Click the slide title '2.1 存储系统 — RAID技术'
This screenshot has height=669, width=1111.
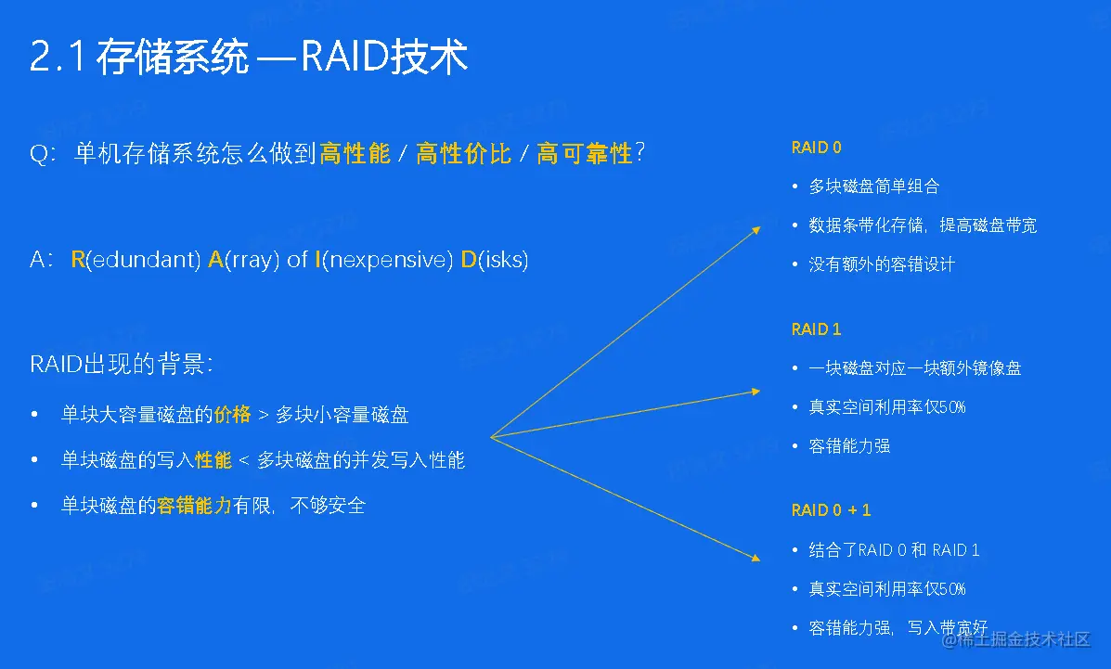point(249,57)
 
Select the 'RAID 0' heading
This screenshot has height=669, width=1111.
point(816,148)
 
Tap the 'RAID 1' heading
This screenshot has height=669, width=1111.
point(816,329)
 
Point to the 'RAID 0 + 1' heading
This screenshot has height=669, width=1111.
point(831,510)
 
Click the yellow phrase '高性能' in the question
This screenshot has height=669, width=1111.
point(355,153)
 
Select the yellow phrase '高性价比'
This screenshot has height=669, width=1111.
point(463,153)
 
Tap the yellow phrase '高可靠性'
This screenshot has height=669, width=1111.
point(585,153)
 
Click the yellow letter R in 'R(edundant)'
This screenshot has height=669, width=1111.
point(78,260)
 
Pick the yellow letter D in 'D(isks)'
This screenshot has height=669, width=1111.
point(469,260)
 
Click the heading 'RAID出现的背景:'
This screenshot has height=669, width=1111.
point(122,365)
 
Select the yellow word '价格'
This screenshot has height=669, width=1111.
point(232,415)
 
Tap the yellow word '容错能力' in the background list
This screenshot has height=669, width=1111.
point(194,506)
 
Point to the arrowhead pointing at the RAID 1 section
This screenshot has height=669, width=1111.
point(756,392)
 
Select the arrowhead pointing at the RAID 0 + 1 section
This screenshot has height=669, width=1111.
point(756,559)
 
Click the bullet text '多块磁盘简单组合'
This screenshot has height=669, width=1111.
point(874,187)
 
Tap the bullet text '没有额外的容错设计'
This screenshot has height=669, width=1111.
point(882,264)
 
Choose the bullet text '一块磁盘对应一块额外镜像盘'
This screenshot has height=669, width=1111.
point(915,368)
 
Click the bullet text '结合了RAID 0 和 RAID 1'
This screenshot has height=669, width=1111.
point(894,550)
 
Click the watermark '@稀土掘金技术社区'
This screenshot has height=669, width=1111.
point(1016,639)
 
